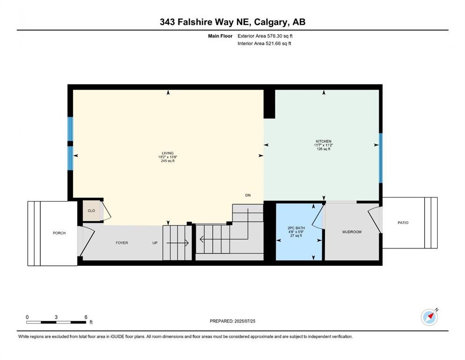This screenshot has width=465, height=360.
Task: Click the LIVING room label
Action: pyautogui.click(x=168, y=153)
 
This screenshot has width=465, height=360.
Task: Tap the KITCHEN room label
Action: pyautogui.click(x=324, y=141)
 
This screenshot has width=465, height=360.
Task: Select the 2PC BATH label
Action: pyautogui.click(x=296, y=228)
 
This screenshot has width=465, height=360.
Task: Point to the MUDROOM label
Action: pyautogui.click(x=352, y=232)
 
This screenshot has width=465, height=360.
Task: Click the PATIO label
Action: pyautogui.click(x=403, y=223)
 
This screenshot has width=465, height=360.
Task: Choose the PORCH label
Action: pyautogui.click(x=59, y=233)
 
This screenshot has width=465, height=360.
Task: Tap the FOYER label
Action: pyautogui.click(x=122, y=243)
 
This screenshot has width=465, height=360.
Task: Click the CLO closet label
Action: pyautogui.click(x=91, y=211)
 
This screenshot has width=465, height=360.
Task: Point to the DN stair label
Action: pyautogui.click(x=248, y=195)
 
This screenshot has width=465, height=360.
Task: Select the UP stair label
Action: pyautogui.click(x=155, y=243)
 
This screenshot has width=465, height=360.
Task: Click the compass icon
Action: pyautogui.click(x=429, y=317)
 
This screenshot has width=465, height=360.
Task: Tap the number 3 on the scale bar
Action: pyautogui.click(x=56, y=317)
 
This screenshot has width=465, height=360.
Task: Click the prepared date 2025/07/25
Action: pyautogui.click(x=245, y=321)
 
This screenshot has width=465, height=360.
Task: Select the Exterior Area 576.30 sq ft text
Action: pyautogui.click(x=265, y=36)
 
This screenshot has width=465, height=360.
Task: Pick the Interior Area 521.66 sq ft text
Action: pyautogui.click(x=264, y=43)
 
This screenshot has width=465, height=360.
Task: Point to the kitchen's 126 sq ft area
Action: pyautogui.click(x=324, y=149)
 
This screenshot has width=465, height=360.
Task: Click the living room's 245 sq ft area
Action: pyautogui.click(x=168, y=161)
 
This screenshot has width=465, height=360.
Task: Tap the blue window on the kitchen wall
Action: pyautogui.click(x=381, y=158)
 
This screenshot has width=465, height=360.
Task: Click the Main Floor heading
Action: pyautogui.click(x=220, y=36)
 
